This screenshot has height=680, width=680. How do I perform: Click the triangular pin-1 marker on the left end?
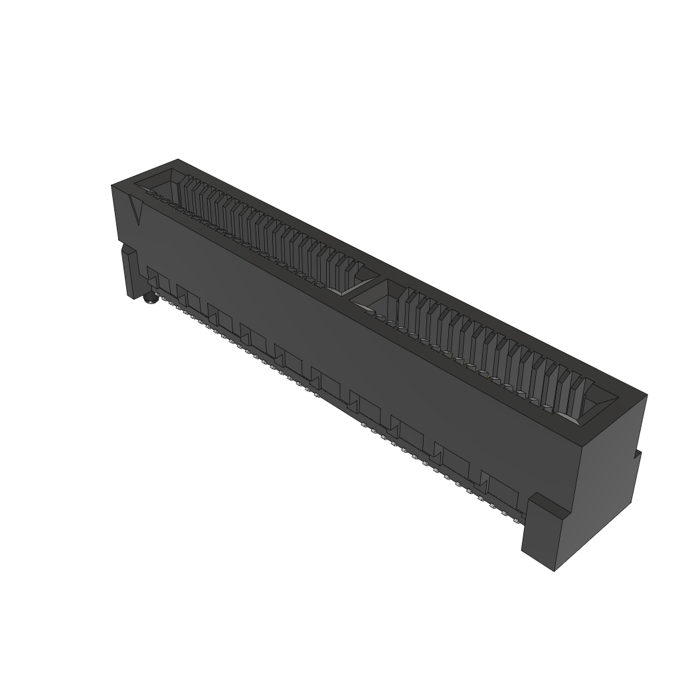137,211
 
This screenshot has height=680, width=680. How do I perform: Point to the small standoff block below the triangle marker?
129,270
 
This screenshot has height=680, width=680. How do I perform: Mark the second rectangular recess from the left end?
190,297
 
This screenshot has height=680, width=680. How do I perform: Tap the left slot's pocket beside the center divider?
348,282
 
